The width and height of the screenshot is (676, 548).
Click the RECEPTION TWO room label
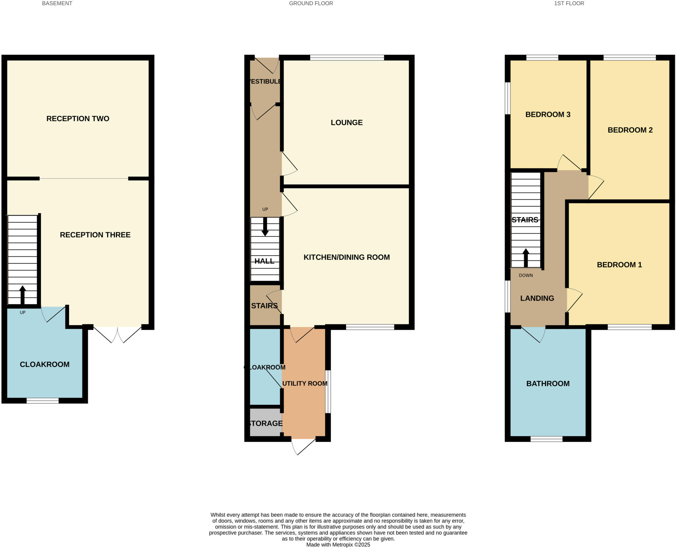point(78,119)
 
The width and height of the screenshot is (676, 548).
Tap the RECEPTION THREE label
point(95,235)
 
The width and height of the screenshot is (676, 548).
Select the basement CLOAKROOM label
point(45,364)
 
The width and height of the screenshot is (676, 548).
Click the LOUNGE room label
point(347,123)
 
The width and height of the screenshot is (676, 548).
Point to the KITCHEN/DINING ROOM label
point(347,257)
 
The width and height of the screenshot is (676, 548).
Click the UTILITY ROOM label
point(305,384)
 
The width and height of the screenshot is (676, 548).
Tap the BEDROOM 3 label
point(548,115)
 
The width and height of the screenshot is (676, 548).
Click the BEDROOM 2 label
point(630,130)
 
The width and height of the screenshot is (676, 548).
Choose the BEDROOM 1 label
point(619,265)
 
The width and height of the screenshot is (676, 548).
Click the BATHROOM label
point(548,384)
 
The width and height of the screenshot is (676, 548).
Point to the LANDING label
point(537,298)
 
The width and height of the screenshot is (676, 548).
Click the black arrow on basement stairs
point(22,295)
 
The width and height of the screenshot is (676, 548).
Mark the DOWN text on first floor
point(526,275)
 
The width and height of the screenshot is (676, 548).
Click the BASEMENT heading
point(57,4)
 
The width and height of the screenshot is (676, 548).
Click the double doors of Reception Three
point(117,334)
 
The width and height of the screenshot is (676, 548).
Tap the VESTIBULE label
point(265,82)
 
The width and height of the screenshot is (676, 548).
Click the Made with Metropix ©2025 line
point(338,545)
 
